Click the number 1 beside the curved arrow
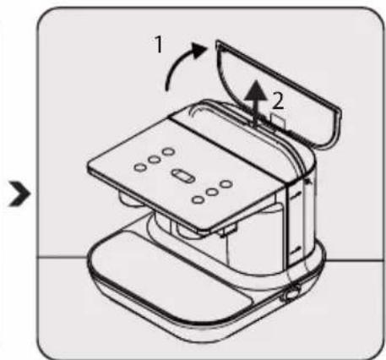tap(159, 45)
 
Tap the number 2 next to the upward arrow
tap(278, 101)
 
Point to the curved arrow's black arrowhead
tap(199, 50)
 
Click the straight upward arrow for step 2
tap(255, 103)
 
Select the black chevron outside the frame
tap(20, 194)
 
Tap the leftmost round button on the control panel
tap(139, 167)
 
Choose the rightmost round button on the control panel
tap(226, 184)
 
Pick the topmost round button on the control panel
tap(169, 151)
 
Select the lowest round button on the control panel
tap(198, 200)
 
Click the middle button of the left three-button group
tap(155, 160)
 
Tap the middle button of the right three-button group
tap(212, 192)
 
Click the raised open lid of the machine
tap(279, 93)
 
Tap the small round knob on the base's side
tap(292, 293)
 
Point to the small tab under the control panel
tap(230, 230)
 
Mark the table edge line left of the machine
tap(63, 257)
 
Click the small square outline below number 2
tap(278, 121)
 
